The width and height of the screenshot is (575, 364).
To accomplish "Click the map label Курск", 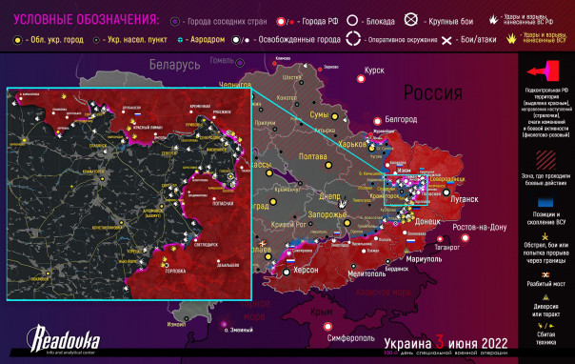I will tap(374, 71).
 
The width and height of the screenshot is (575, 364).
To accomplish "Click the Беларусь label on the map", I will tap(173, 65).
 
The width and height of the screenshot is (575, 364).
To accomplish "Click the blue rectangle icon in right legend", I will tap(545, 203).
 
